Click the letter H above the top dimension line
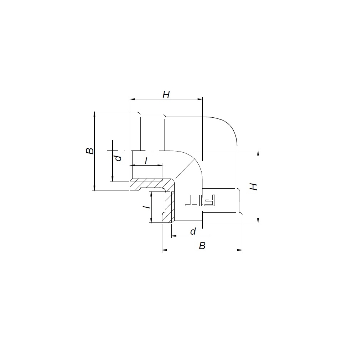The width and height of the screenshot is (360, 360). point(166,95)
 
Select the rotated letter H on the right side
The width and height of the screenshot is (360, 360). point(253,186)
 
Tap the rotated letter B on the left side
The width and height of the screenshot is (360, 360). point(90,151)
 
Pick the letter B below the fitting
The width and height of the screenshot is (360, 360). point(202,246)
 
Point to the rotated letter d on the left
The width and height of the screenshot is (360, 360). point(118,158)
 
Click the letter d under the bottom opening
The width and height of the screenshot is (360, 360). point(193,231)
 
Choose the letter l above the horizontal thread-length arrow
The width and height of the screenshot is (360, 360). point(146,161)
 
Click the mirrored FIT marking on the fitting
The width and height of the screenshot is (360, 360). point(200,201)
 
